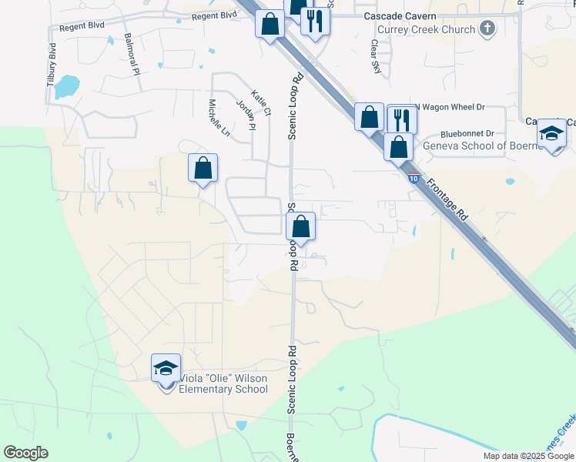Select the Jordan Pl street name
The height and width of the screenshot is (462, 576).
(246, 115)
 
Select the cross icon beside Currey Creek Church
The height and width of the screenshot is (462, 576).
(486, 29)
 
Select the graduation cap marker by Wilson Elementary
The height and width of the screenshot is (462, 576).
(166, 369)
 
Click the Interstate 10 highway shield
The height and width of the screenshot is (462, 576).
(414, 179)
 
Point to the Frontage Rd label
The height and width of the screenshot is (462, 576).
(447, 200)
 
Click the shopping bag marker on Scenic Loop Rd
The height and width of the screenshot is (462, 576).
(301, 226)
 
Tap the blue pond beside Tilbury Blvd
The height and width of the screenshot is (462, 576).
(67, 86)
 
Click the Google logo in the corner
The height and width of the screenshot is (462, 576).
(25, 453)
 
